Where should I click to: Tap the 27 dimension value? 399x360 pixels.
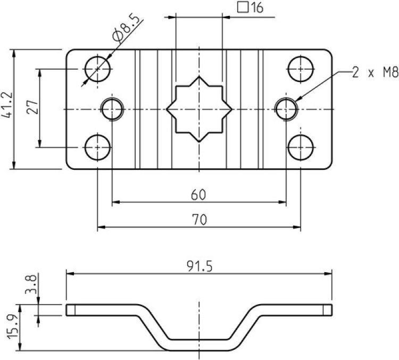(x=32, y=108)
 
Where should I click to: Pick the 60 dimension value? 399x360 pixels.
(x=198, y=195)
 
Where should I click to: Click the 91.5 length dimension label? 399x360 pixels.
(x=200, y=266)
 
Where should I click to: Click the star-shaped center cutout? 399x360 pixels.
(x=198, y=109)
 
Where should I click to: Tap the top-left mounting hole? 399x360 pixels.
(x=97, y=68)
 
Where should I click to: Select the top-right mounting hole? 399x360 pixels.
(x=300, y=68)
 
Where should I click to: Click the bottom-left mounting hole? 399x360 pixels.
(x=98, y=146)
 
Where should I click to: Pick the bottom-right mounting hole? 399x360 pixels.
(x=300, y=146)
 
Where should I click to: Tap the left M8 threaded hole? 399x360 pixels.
(x=112, y=109)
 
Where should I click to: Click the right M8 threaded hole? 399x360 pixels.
(x=286, y=109)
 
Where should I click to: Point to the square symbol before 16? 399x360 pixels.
(x=242, y=8)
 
